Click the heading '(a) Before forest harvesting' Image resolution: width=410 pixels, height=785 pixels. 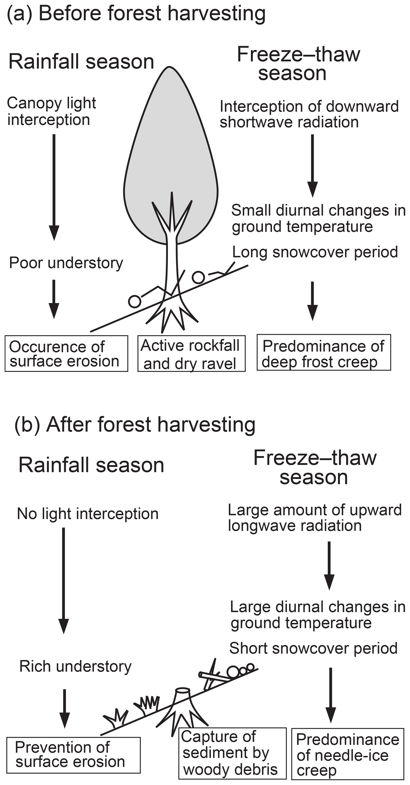tap(136, 14)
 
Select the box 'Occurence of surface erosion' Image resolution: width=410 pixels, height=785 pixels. tap(66, 354)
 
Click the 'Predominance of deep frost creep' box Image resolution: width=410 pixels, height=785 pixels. tap(323, 353)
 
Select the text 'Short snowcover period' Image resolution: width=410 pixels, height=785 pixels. tap(313, 648)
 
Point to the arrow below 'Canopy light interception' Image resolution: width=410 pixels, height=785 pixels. tap(54, 186)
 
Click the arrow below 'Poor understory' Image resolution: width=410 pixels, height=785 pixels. tap(54, 299)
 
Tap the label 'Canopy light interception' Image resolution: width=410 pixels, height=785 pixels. tap(51, 111)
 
